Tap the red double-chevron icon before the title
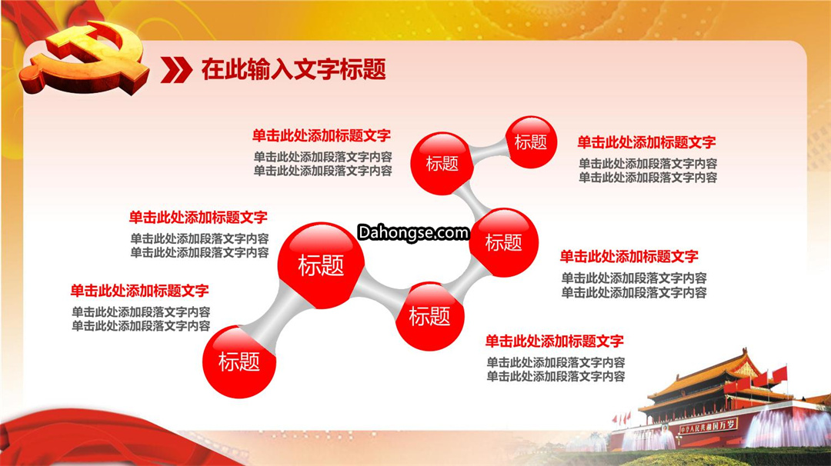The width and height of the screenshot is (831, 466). point(176,70)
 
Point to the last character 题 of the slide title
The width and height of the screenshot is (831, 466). point(375,69)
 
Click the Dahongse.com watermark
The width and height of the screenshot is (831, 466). point(413,232)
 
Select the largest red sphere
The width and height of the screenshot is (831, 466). point(321,265)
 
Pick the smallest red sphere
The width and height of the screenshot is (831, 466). point(531,142)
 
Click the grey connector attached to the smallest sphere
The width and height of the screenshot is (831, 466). point(488,151)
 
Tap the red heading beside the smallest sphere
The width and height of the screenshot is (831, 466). point(646,142)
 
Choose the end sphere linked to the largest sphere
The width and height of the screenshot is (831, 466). point(239,361)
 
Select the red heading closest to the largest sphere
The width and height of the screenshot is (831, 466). point(199,217)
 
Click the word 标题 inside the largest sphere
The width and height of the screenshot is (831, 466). point(321,265)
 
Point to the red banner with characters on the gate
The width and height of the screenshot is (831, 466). point(709,426)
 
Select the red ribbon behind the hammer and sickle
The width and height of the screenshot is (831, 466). point(53,22)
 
